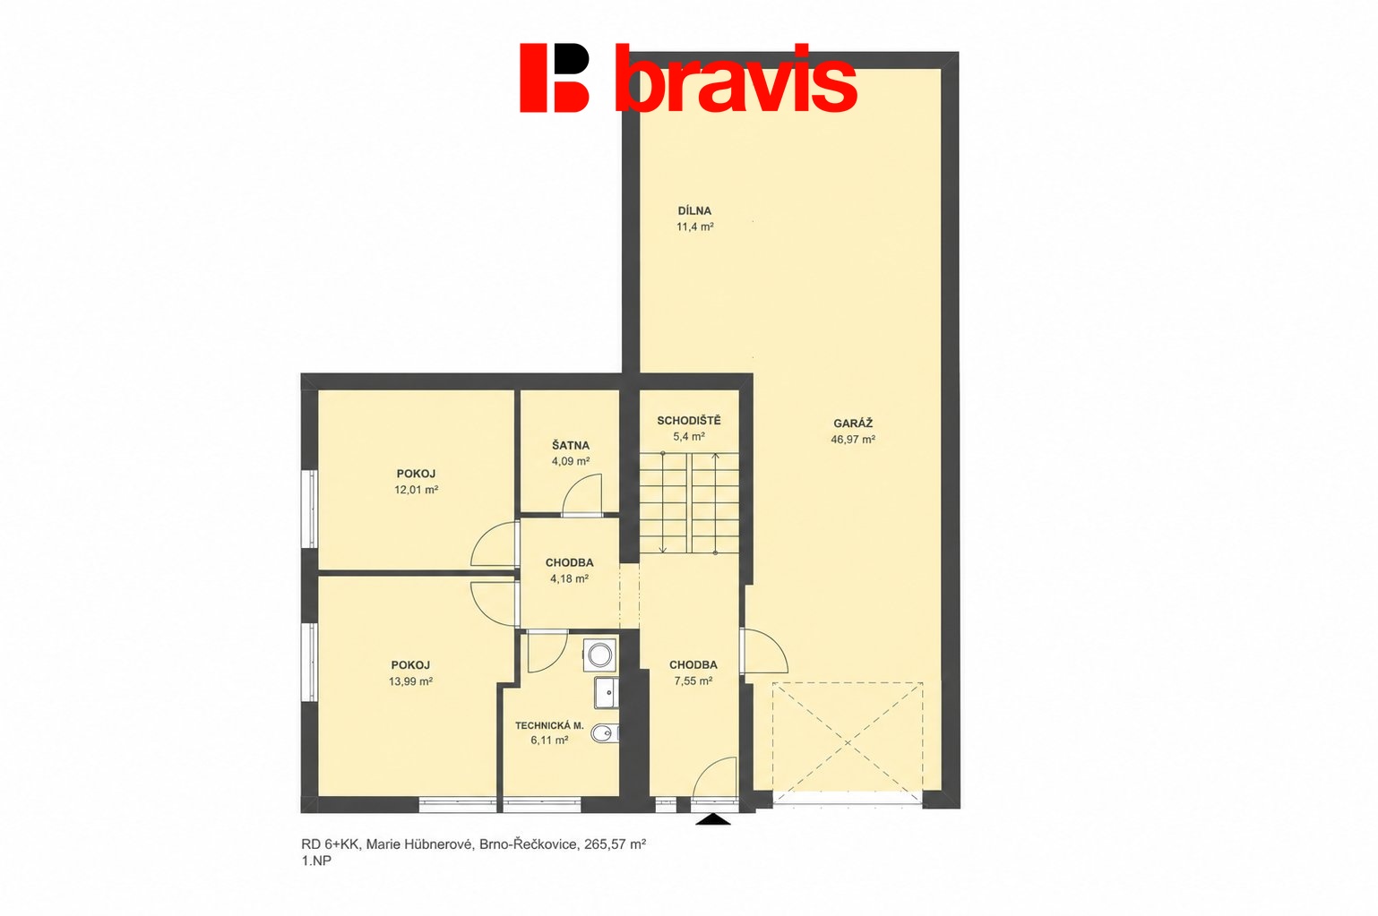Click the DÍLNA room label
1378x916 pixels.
click(694, 210)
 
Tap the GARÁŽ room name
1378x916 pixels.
click(853, 424)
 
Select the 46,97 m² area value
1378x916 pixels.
click(853, 440)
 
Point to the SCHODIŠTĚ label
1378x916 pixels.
click(688, 421)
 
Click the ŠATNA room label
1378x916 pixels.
click(570, 445)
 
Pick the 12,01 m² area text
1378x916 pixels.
click(416, 490)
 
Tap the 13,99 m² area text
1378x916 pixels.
click(410, 681)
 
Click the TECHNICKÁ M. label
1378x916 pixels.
click(549, 725)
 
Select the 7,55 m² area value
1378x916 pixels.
click(693, 681)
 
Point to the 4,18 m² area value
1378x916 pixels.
click(569, 578)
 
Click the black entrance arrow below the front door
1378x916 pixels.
click(713, 819)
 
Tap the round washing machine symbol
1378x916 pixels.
click(599, 655)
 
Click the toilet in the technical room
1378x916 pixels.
click(604, 733)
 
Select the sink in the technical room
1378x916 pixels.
click(606, 693)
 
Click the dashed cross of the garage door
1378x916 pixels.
click(847, 742)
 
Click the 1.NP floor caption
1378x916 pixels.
click(316, 860)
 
